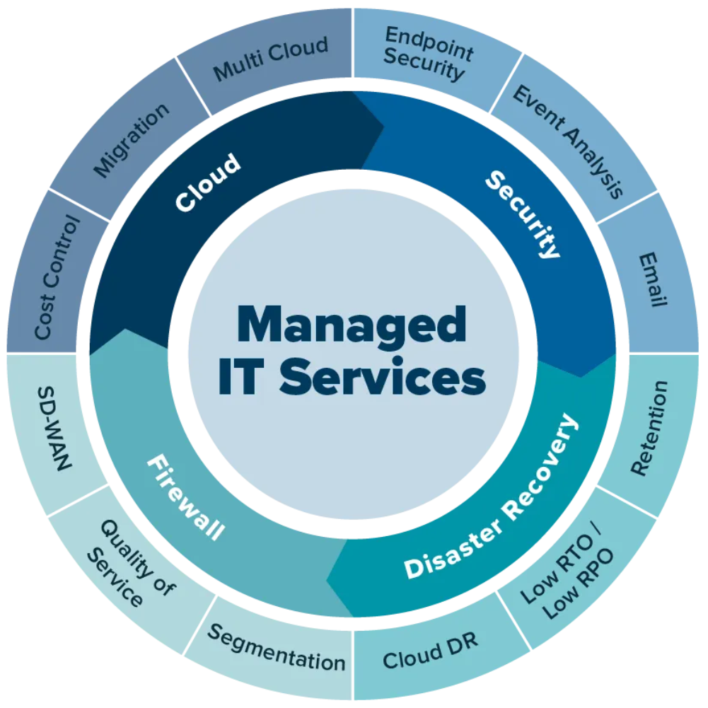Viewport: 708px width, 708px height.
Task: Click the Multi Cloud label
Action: tap(271, 59)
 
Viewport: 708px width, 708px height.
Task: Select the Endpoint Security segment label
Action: tap(427, 55)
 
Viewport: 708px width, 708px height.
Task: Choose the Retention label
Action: tap(649, 429)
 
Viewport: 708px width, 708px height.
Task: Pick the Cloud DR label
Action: tap(430, 650)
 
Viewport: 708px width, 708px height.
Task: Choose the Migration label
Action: tap(132, 140)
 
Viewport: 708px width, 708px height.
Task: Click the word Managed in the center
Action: tap(352, 325)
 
